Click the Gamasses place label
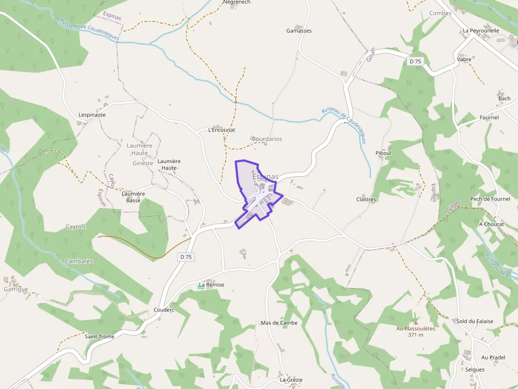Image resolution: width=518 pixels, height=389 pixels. pos(299,31)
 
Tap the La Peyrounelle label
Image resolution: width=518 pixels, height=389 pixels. pos(480,31)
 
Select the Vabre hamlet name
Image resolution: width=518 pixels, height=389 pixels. pos(464,60)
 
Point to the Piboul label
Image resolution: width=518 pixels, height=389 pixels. pos(383,153)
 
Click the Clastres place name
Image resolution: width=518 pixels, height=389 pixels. pos(366,200)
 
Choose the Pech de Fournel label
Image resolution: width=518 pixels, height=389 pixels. pos(490,199)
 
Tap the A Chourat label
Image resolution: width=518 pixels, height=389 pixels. pos(491,224)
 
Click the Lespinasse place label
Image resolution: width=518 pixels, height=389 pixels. pos(92,115)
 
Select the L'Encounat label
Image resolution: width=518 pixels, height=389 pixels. pos(221,130)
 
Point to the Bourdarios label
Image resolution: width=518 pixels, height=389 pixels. pos(266,139)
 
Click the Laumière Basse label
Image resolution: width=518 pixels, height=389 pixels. pos(133,197)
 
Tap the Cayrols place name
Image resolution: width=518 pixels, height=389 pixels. pos(76,227)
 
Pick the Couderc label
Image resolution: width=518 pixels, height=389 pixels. pos(163,310)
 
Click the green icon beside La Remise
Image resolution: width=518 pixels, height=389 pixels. pos(201,286)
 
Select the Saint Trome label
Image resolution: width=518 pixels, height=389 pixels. pos(99,337)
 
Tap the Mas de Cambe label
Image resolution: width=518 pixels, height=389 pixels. pos(279,323)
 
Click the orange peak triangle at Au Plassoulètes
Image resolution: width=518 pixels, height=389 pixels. pos(415,322)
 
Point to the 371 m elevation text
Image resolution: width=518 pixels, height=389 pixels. pos(415,335)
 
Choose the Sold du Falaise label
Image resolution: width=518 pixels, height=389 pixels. pos(475,321)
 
